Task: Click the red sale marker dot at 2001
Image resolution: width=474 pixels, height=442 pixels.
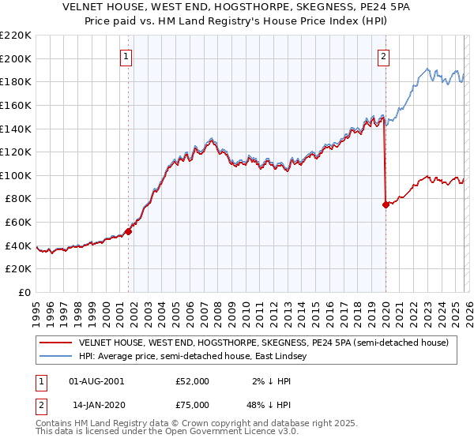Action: pyautogui.click(x=128, y=231)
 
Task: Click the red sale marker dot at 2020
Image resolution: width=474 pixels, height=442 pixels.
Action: pyautogui.click(x=386, y=204)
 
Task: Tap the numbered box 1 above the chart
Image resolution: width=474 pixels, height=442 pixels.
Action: pyautogui.click(x=127, y=55)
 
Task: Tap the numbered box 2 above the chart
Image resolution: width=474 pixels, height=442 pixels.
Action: pyautogui.click(x=383, y=55)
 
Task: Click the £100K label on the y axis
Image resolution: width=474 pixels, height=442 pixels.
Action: pyautogui.click(x=16, y=175)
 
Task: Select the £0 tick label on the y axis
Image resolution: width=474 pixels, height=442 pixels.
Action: pyautogui.click(x=24, y=292)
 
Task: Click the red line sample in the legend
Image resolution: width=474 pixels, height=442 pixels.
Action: pyautogui.click(x=55, y=343)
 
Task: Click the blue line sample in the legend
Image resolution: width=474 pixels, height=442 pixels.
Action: pyautogui.click(x=55, y=356)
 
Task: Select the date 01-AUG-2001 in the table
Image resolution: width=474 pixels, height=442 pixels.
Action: pyautogui.click(x=96, y=380)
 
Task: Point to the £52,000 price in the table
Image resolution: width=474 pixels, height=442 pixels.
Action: pyautogui.click(x=193, y=380)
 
